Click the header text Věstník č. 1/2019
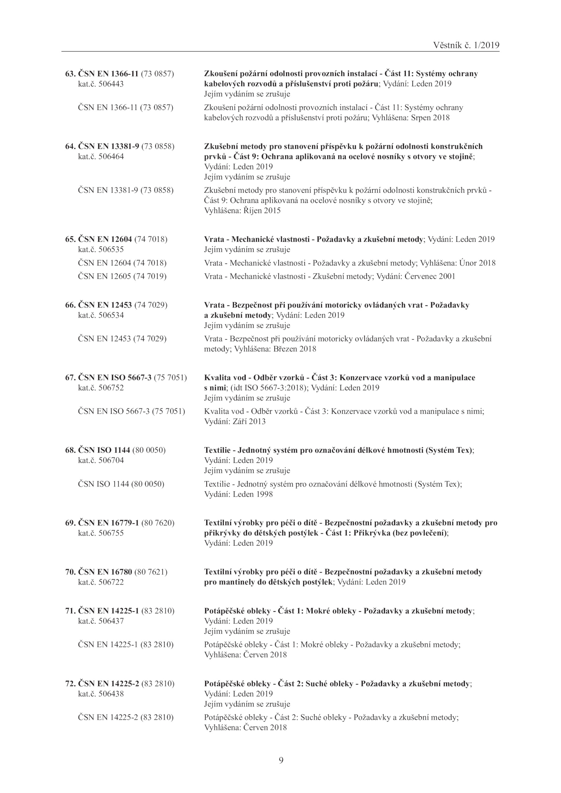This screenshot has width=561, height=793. coord(466,45)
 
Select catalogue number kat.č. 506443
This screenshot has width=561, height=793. coord(101,84)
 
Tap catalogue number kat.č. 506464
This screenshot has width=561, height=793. coord(101,157)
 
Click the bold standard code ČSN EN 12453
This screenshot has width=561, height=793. coord(104,305)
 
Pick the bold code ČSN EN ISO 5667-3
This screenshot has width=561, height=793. coord(114,378)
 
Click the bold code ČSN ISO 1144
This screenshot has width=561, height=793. coord(104,450)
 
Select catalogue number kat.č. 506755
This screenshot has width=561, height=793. coord(101,533)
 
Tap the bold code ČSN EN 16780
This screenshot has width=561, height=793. coord(104,572)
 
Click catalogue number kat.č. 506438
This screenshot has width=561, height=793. coord(101,693)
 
